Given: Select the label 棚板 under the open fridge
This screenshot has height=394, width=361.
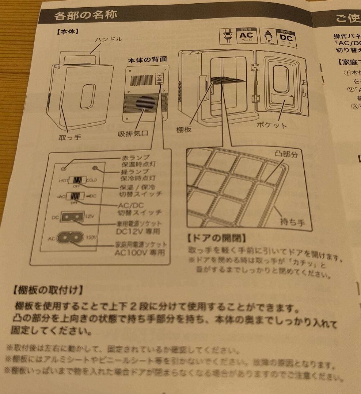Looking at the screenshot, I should click(x=184, y=130).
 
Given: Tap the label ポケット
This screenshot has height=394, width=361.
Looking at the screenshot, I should click(x=272, y=125).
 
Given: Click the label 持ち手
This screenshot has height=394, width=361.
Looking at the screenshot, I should click(x=292, y=221).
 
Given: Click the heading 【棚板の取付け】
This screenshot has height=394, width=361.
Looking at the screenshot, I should click(x=47, y=290).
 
